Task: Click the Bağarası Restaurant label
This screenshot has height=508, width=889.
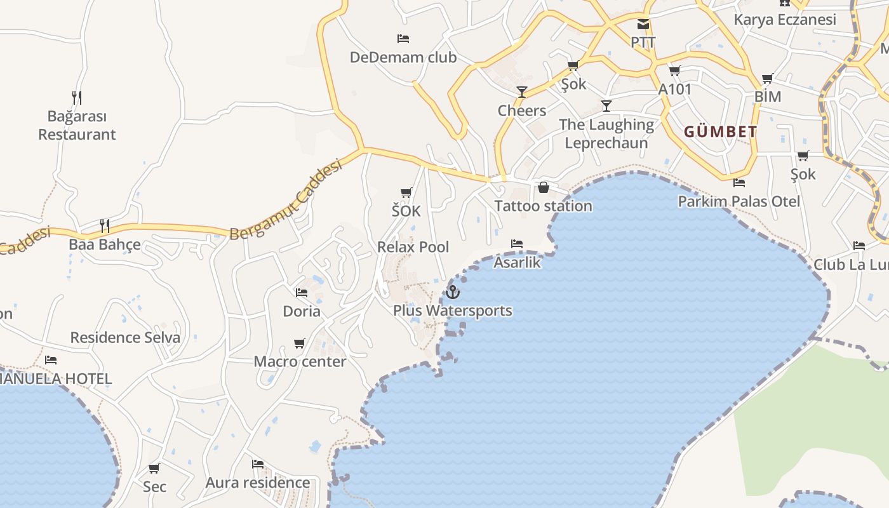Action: click(x=77, y=126)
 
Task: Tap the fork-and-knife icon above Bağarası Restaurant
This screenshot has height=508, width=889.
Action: click(x=77, y=98)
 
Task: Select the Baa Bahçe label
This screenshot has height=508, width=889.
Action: click(x=105, y=244)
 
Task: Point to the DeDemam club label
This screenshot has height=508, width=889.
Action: click(x=403, y=57)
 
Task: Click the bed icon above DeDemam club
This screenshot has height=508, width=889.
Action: click(x=403, y=38)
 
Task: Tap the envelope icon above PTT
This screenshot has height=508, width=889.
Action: click(x=643, y=24)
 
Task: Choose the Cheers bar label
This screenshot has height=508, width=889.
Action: click(x=522, y=110)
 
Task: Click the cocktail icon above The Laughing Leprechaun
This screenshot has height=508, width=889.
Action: click(x=606, y=105)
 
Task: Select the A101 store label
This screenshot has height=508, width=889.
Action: click(x=674, y=89)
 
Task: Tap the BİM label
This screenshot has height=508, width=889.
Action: click(x=767, y=97)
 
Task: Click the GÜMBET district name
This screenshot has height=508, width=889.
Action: click(x=720, y=132)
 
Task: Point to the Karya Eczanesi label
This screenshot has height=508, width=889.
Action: click(x=785, y=20)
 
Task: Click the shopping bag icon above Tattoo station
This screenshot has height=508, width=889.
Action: click(x=544, y=187)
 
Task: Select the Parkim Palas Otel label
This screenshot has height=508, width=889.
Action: click(x=739, y=201)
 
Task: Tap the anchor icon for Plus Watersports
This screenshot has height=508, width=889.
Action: click(x=453, y=292)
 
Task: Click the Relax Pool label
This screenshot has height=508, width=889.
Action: click(x=413, y=247)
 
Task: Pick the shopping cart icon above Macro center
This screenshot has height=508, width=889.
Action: click(x=300, y=344)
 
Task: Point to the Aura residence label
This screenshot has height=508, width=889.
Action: click(x=258, y=483)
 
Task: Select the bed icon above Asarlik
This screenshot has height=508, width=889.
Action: click(x=517, y=244)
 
